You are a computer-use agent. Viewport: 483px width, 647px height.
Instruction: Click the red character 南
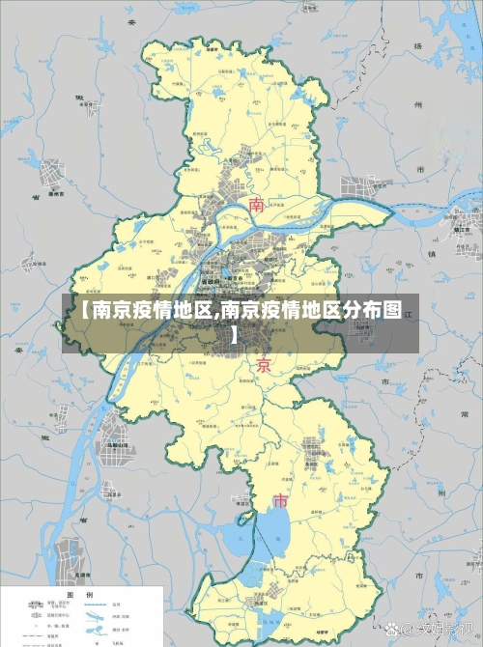[x=257, y=205]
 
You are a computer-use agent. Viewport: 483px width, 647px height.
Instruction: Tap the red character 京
[x=263, y=365]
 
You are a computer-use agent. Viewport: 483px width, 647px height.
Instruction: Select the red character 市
[x=280, y=501]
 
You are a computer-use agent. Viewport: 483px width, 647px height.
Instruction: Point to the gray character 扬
[x=418, y=46]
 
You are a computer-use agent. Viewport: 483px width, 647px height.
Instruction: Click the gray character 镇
[x=432, y=253]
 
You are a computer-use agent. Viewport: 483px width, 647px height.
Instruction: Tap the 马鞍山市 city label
[x=117, y=445]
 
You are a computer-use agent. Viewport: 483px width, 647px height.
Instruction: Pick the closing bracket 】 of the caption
[x=235, y=336]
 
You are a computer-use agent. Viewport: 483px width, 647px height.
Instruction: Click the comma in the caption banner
[x=218, y=315]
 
